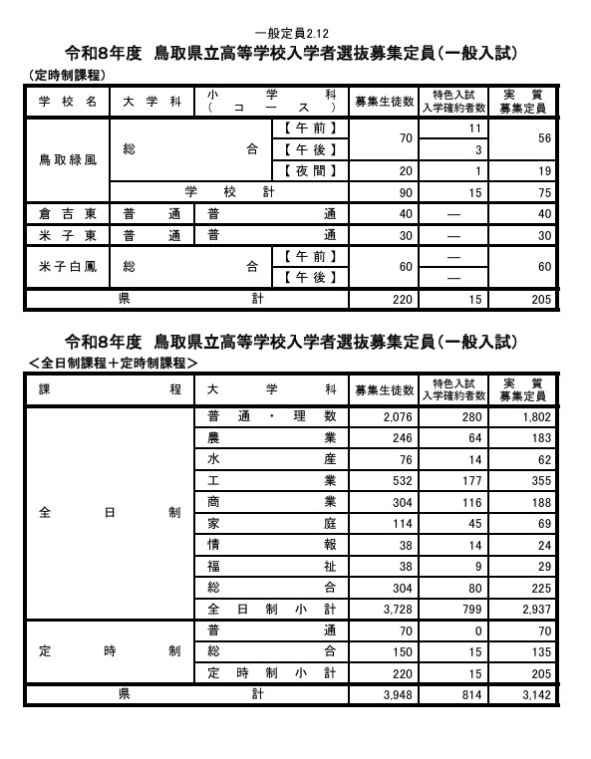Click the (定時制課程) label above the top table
pos(67,76)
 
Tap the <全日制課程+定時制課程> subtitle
pos(113,364)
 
